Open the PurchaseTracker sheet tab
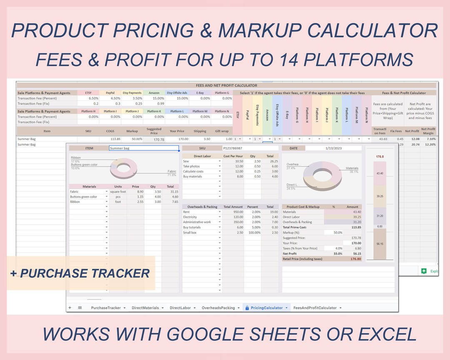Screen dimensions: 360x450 106,308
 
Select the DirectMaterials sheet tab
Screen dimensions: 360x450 145,308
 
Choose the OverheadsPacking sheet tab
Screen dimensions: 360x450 218,308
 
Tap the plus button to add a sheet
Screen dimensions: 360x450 70,308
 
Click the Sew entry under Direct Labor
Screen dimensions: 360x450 186,161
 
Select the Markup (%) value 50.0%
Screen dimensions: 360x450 337,232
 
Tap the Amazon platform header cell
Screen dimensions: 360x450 154,93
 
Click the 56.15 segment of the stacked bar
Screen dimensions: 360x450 380,244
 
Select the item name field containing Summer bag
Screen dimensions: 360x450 144,148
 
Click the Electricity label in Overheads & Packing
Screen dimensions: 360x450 190,217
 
